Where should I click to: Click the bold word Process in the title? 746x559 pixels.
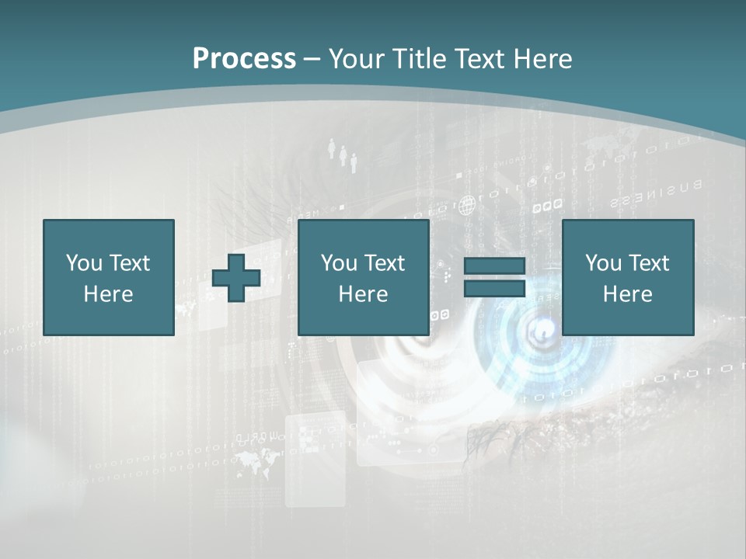tap(244, 59)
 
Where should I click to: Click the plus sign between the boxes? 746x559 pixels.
tap(236, 278)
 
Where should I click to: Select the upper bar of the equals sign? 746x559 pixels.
tap(494, 266)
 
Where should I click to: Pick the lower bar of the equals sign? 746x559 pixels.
tap(494, 288)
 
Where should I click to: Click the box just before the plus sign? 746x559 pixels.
tap(109, 277)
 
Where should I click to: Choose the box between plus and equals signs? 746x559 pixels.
tap(363, 277)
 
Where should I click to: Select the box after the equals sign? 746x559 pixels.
tap(628, 277)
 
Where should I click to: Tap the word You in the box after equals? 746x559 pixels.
tap(603, 263)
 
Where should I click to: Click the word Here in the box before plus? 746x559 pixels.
tap(109, 294)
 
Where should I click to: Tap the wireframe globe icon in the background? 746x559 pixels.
tap(466, 206)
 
